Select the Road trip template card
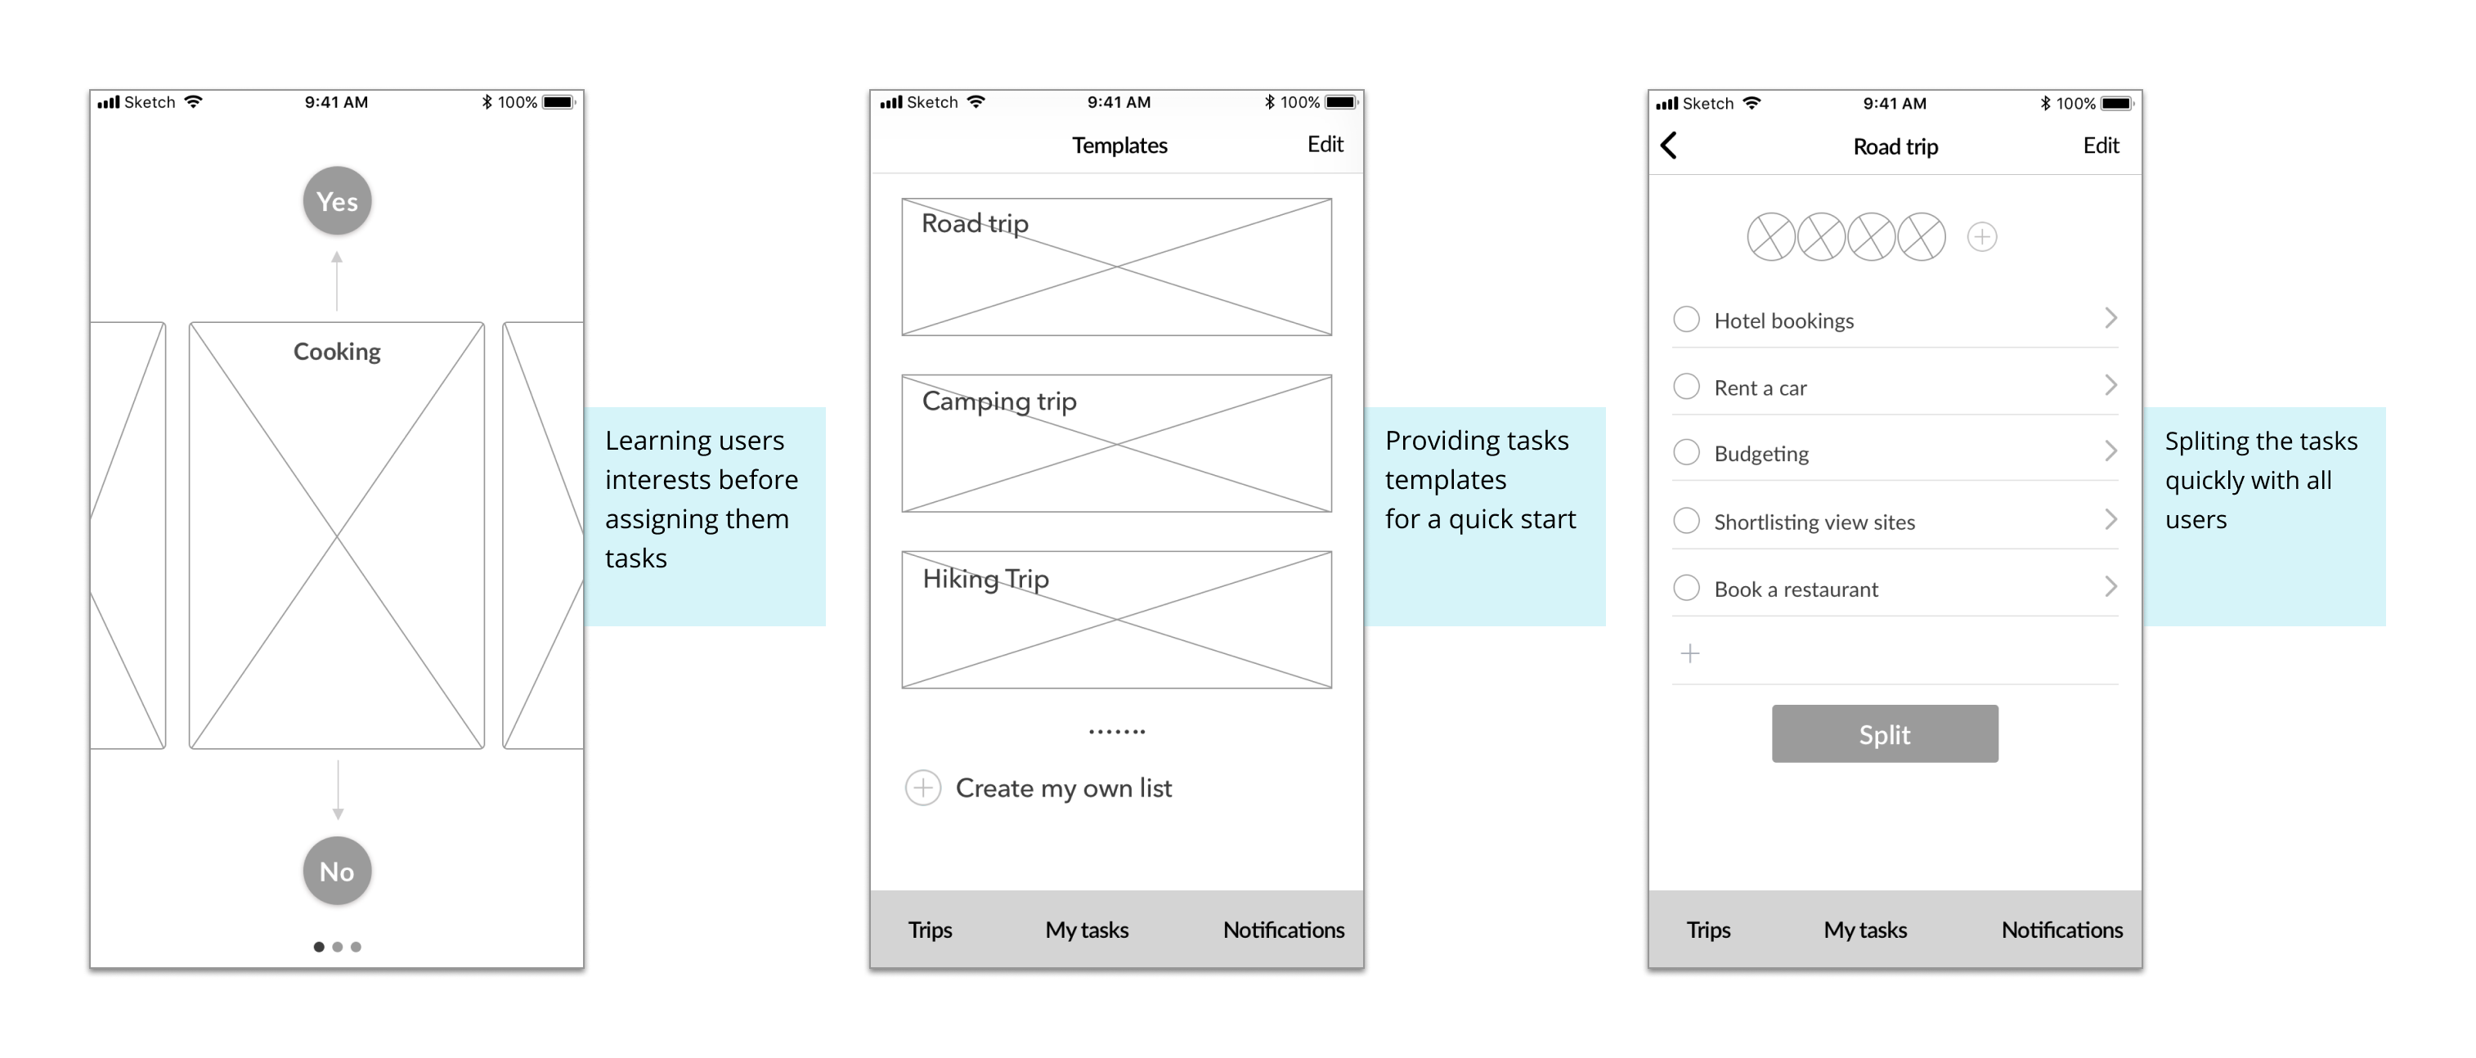1117,267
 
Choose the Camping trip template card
1117,444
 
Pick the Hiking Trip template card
1117,620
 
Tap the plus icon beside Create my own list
922,788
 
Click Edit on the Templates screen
1325,144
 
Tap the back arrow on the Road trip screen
1669,146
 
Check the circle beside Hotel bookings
1687,319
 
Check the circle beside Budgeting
1687,451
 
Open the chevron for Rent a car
2110,385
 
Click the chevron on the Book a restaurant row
2110,586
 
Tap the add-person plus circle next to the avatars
1982,236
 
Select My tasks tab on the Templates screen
1087,930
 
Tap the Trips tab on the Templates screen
931,930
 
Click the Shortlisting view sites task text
1814,522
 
